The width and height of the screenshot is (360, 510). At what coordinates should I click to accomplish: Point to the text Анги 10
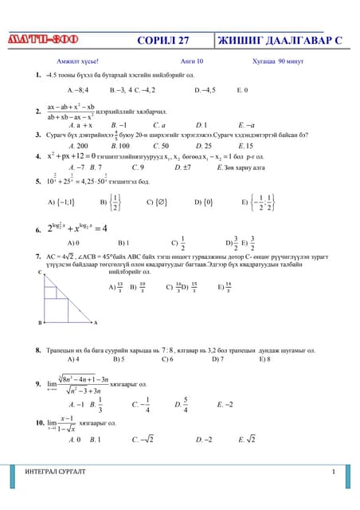pos(192,61)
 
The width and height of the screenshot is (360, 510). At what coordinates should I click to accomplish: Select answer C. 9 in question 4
pos(137,167)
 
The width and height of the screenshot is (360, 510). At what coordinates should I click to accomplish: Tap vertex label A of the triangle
pos(95,323)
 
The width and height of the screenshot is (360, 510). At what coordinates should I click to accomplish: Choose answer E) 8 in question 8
pos(265,359)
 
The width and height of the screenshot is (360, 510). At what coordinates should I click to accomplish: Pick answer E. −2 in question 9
pos(225,404)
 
